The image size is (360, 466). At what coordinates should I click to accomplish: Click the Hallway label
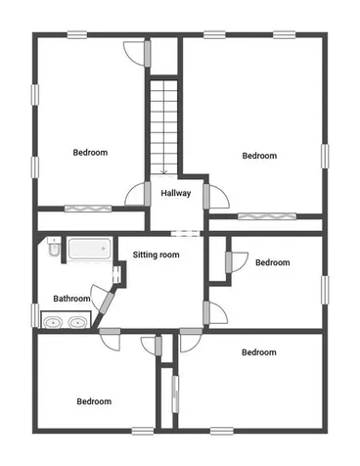[x=176, y=193]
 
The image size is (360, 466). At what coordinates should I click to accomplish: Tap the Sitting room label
[x=157, y=255]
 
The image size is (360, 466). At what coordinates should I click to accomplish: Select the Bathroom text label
[x=71, y=299]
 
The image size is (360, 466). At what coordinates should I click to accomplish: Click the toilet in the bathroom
[x=54, y=253]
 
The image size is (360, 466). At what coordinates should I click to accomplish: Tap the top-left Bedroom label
[x=90, y=152]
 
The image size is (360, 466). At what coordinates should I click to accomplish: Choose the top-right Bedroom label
[x=259, y=156]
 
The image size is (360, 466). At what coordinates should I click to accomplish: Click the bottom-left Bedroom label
[x=94, y=401]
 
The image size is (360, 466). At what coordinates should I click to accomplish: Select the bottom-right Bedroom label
[x=258, y=352]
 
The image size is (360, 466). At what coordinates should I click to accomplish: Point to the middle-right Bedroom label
[x=272, y=262]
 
